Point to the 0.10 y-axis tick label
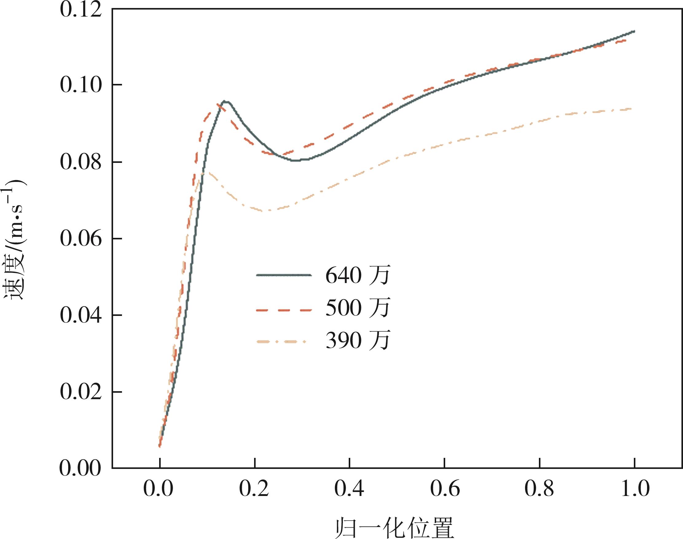click(x=81, y=85)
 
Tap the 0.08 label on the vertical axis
click(x=81, y=162)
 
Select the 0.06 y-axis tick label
click(x=81, y=238)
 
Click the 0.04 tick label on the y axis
click(x=81, y=315)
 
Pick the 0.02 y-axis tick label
click(x=81, y=392)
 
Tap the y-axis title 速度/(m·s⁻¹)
click(x=14, y=240)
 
